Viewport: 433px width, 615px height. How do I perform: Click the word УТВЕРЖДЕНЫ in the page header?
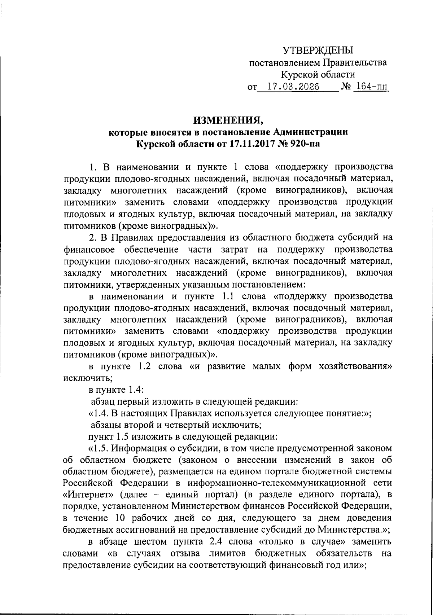click(x=318, y=50)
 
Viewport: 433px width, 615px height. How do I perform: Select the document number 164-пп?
click(x=371, y=87)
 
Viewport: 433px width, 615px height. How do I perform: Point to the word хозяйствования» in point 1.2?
click(x=356, y=366)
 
